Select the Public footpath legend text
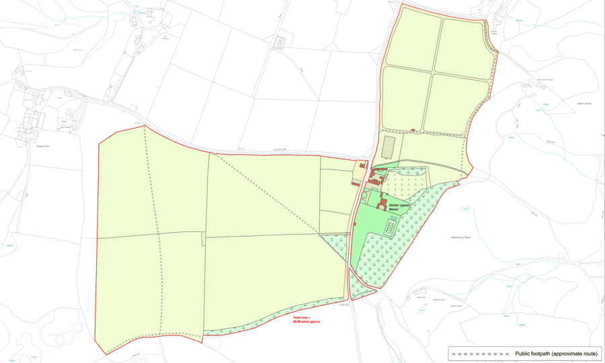(556, 353)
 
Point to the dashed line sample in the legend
(481, 353)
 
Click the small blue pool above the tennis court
(393, 220)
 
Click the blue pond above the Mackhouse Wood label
(464, 210)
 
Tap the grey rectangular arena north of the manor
(388, 147)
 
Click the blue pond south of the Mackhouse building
(421, 310)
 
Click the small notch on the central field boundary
(203, 239)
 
